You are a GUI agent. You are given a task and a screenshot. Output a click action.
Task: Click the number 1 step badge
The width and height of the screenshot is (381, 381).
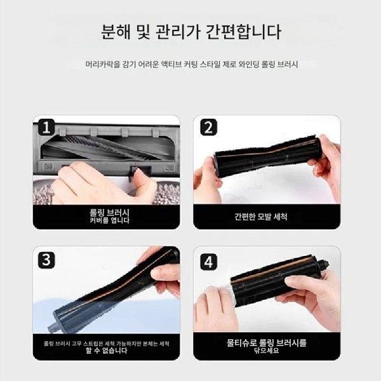click(46, 127)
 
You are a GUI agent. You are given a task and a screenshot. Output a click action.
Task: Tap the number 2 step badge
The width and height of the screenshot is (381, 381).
click(208, 127)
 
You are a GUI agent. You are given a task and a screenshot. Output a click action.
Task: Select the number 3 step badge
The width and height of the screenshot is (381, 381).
click(46, 260)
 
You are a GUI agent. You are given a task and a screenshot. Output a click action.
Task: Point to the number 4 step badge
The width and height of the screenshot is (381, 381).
click(208, 262)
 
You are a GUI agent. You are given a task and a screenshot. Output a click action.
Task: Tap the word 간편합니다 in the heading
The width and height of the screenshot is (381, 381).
click(243, 32)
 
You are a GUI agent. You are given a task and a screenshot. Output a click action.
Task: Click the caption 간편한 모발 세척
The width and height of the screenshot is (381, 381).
click(261, 217)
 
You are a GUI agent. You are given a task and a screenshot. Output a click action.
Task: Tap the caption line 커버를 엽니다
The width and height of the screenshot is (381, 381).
click(110, 220)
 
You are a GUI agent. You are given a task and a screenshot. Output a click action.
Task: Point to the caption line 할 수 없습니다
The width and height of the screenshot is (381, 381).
click(107, 351)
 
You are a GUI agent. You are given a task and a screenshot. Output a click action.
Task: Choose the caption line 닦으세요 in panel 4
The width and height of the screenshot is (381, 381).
click(267, 351)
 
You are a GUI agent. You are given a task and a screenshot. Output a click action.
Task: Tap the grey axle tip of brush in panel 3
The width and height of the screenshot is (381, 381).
click(52, 328)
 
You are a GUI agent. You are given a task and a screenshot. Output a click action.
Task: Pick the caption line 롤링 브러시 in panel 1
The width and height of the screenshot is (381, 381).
click(110, 213)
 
